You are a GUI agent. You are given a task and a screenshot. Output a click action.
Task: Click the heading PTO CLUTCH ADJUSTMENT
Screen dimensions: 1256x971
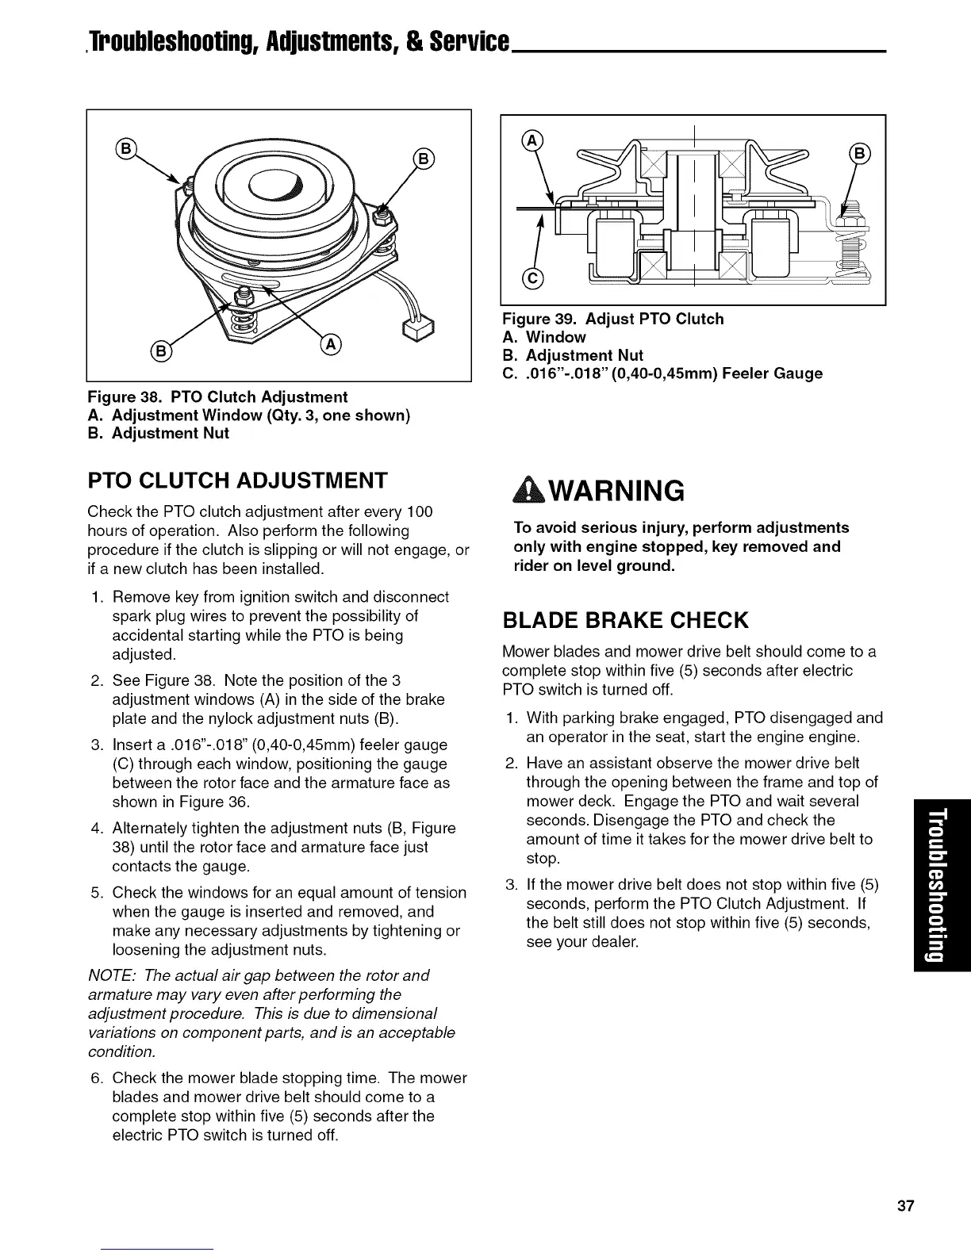pos(237,481)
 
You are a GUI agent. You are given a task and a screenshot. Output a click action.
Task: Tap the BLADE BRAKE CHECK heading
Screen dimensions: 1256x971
pos(625,619)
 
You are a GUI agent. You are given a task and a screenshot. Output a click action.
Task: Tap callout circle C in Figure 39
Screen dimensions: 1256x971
pos(532,278)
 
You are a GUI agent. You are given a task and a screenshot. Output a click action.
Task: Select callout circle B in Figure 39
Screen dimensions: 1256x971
pos(860,152)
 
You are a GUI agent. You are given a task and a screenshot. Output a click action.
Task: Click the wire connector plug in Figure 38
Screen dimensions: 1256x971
pos(414,327)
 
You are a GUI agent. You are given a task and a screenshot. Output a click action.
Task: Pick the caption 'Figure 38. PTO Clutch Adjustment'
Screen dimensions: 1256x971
pos(217,396)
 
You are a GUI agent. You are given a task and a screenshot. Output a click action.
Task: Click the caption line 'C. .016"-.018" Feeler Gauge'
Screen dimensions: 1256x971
pos(662,373)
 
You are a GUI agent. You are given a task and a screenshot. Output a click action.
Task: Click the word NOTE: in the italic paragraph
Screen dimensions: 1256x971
pos(110,975)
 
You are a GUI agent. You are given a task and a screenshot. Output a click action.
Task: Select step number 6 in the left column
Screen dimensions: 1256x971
pos(97,1078)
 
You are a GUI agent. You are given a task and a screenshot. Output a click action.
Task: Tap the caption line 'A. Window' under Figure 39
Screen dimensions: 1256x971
pos(544,337)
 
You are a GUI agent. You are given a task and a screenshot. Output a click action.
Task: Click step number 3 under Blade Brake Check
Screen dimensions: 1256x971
pos(511,885)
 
